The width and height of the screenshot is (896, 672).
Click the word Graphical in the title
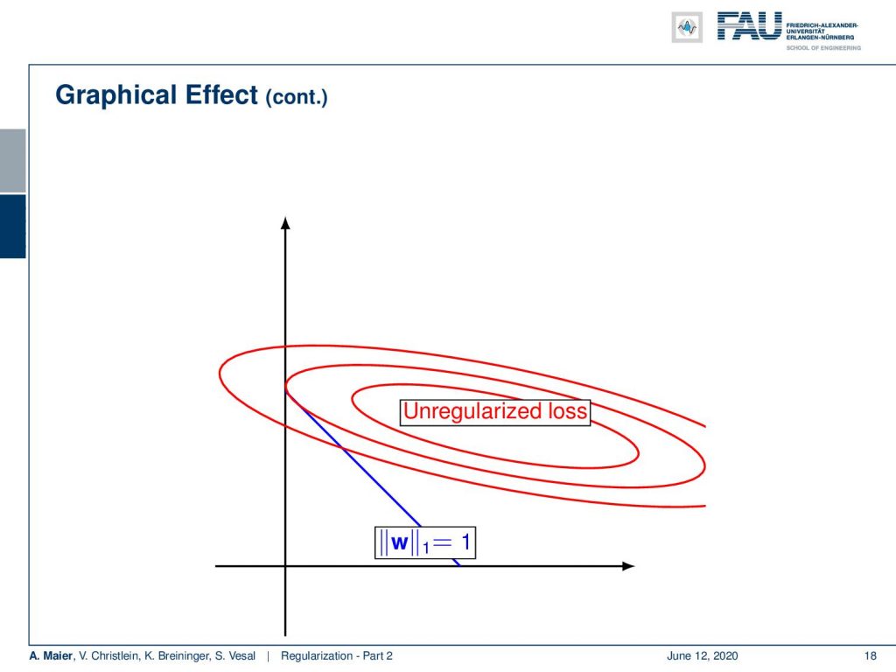pos(116,95)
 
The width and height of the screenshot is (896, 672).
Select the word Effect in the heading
pos(221,94)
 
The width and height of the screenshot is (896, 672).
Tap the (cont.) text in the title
pos(297,96)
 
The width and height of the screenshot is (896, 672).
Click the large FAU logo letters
pos(750,26)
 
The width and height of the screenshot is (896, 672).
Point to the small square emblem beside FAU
pos(687,27)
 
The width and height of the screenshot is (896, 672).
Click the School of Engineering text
pos(823,48)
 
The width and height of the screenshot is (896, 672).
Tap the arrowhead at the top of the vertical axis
pos(286,223)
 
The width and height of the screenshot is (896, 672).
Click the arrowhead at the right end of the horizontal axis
pos(628,566)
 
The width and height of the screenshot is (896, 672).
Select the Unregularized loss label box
pos(495,412)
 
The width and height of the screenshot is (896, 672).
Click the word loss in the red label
pos(567,411)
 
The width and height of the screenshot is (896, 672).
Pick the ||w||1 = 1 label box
pos(425,542)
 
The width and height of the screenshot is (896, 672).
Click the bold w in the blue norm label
pos(399,542)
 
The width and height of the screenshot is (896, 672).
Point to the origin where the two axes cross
pos(286,566)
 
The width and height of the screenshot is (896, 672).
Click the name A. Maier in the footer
pos(51,656)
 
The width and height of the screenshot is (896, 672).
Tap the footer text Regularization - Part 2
pos(337,656)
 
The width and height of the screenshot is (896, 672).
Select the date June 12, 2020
pos(703,656)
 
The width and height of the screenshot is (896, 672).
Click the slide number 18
pos(871,656)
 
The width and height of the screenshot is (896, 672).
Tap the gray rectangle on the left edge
pos(12,161)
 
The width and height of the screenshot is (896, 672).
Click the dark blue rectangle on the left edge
pos(12,227)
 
